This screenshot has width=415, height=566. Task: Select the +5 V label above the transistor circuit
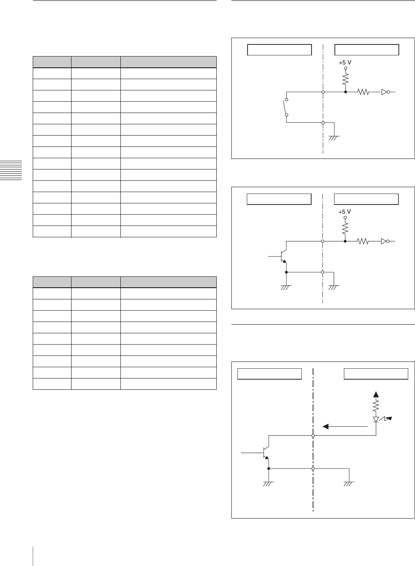click(344, 212)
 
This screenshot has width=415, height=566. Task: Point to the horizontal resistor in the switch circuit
click(363, 92)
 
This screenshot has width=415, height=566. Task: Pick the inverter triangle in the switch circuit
click(384, 92)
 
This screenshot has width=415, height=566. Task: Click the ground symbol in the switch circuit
click(334, 138)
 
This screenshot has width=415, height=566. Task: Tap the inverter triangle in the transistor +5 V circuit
click(384, 241)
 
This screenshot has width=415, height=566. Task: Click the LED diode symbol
click(376, 420)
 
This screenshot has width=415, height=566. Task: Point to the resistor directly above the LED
click(376, 407)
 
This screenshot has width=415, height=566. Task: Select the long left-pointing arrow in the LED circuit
click(345, 426)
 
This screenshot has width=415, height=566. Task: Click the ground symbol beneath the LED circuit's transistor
click(268, 484)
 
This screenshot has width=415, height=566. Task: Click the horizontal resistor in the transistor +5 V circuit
click(363, 241)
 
